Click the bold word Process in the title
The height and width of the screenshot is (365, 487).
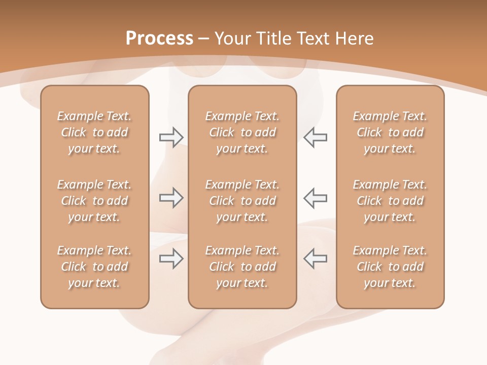[159, 39]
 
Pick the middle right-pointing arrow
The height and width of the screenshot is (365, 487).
[171, 198]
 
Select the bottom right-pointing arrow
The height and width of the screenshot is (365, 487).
[171, 259]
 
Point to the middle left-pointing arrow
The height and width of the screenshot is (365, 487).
[315, 198]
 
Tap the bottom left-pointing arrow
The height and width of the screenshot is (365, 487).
[315, 259]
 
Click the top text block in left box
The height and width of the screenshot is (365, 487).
[94, 132]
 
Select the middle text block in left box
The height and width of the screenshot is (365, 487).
[94, 201]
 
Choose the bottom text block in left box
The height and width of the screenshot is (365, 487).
[94, 267]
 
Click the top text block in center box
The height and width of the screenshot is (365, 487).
[242, 132]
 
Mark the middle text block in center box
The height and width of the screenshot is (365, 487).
[242, 201]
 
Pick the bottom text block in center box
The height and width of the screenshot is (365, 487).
[242, 267]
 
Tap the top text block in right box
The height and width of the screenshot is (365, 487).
[390, 132]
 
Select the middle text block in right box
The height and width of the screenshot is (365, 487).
[390, 201]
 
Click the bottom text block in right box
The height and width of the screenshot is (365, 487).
[390, 267]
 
